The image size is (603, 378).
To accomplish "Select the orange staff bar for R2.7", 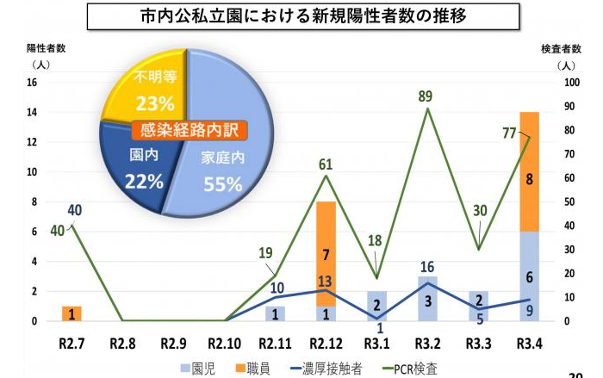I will coord(71,313).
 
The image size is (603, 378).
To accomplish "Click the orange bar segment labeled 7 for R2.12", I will coord(326,254).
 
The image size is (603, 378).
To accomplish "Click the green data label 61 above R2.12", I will coord(325,164).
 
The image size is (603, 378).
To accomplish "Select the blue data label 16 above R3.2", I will coord(426,267).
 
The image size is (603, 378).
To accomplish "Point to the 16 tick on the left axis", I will coord(32,83).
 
